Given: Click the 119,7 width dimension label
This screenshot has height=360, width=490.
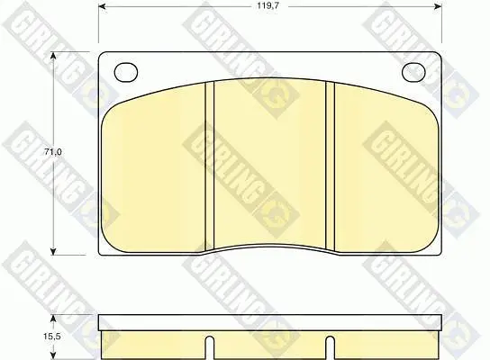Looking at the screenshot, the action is tap(268, 6).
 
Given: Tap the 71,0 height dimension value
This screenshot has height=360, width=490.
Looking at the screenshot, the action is tap(52, 152).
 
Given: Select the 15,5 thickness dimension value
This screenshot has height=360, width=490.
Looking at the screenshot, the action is tap(52, 337).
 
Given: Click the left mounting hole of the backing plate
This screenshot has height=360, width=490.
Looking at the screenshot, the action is tap(126, 72).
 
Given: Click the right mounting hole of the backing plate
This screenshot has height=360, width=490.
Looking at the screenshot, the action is tap(413, 72).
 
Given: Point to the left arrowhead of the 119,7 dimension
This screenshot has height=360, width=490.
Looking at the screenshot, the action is tap(103, 6).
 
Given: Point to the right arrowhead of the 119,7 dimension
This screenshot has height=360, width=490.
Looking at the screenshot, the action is tap(438, 6).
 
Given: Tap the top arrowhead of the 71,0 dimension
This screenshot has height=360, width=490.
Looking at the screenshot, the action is tap(54, 56).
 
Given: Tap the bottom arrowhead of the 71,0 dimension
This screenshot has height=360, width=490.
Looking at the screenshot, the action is tap(54, 251).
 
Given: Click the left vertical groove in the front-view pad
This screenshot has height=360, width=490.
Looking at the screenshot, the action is tap(209, 166).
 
